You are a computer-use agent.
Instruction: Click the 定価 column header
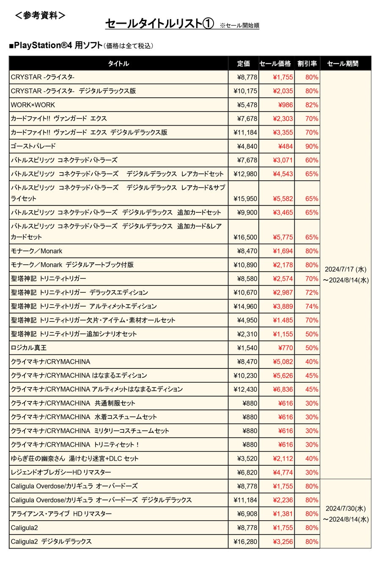tap(243, 63)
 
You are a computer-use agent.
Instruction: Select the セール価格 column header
tap(275, 63)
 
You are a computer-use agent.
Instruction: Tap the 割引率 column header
tap(307, 63)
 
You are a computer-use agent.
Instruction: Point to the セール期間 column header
tap(343, 63)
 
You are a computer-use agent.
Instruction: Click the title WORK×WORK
tap(33, 105)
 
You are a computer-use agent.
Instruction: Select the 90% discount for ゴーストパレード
tap(312, 146)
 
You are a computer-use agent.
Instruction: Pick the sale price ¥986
tap(285, 105)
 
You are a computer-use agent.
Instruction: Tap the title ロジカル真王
tap(29, 348)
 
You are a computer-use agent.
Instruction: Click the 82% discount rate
tap(312, 105)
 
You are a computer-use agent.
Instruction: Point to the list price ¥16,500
tap(245, 237)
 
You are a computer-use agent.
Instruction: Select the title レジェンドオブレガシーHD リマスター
tap(61, 472)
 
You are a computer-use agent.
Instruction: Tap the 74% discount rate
tap(312, 306)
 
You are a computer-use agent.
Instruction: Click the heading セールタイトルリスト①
tap(159, 24)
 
